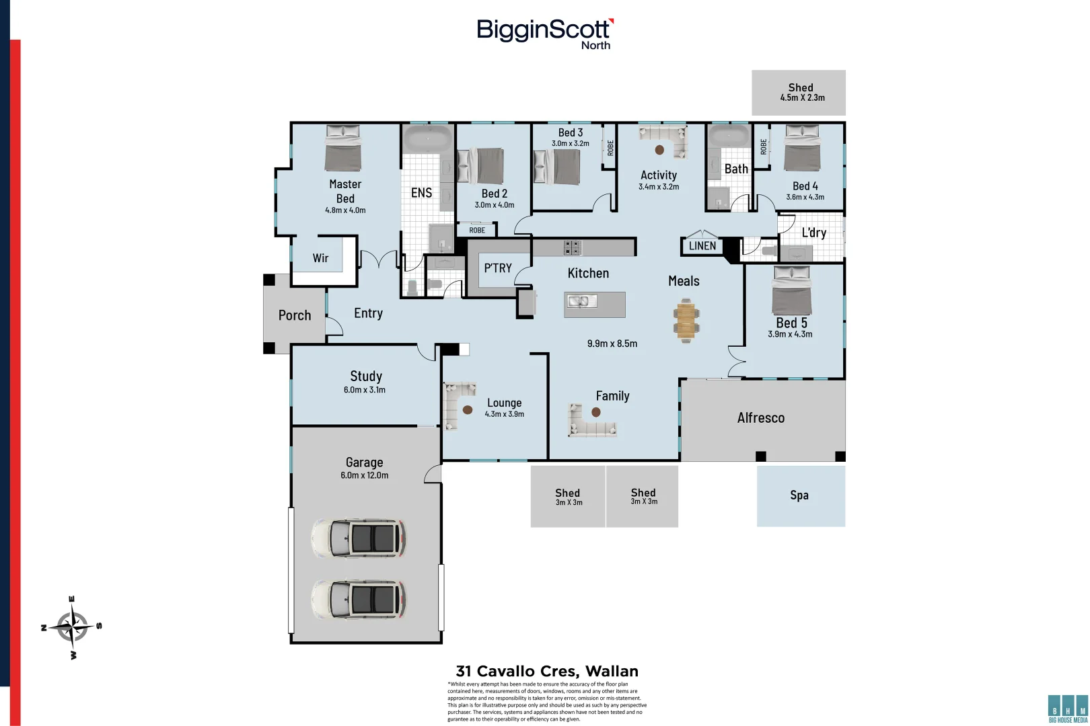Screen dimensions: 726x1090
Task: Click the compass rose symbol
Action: click(x=72, y=627)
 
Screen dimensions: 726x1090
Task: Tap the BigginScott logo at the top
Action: click(x=544, y=32)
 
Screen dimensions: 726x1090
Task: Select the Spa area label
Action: click(x=799, y=495)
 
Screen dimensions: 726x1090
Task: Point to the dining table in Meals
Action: click(x=686, y=320)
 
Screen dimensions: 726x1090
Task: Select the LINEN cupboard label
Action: click(x=702, y=246)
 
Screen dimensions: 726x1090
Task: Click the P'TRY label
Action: click(x=498, y=268)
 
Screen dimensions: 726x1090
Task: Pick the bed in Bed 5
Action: click(x=791, y=290)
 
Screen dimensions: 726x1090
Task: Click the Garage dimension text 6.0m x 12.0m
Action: click(x=364, y=475)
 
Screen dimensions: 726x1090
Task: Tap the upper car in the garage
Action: click(x=358, y=538)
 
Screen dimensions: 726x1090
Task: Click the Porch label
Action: click(x=295, y=315)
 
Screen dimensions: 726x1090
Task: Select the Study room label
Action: click(x=366, y=376)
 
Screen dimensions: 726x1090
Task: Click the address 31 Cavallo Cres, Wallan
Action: click(x=546, y=671)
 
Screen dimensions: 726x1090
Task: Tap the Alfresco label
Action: click(x=760, y=418)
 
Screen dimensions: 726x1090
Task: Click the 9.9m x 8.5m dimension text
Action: click(x=612, y=344)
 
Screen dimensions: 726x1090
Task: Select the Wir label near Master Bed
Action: click(x=320, y=258)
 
